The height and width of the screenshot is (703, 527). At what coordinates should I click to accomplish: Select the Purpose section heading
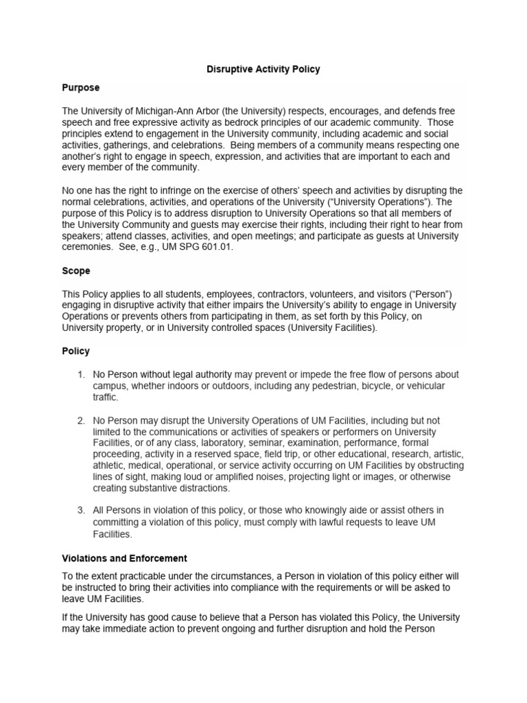81,88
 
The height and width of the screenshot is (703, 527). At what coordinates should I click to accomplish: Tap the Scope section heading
76,271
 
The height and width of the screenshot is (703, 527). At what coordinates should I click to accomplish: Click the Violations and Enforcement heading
124,558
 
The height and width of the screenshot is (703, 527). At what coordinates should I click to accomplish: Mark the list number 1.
81,374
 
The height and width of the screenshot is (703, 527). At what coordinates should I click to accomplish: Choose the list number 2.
81,420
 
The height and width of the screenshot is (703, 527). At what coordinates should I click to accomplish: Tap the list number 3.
81,510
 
